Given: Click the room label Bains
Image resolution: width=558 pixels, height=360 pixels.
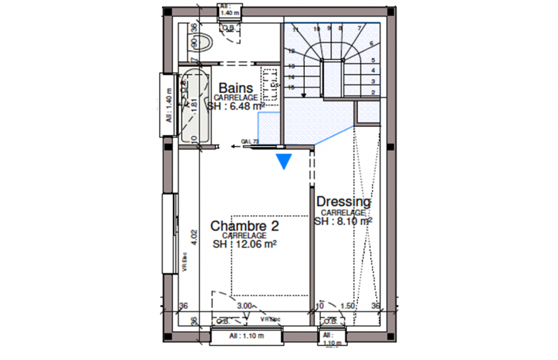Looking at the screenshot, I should [x=235, y=88].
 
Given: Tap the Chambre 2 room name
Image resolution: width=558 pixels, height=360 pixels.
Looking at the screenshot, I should [x=244, y=225].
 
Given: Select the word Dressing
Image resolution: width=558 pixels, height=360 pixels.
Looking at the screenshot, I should [x=343, y=202].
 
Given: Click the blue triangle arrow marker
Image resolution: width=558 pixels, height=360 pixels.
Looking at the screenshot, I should [x=285, y=162].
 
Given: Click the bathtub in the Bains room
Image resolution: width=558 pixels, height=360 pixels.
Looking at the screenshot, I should [x=195, y=105].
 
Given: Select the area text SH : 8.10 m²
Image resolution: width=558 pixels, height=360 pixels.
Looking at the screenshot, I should [x=343, y=222].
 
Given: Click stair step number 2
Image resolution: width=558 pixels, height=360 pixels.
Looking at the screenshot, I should [x=374, y=93].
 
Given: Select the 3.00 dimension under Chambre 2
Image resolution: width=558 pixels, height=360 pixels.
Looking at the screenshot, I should [x=245, y=306].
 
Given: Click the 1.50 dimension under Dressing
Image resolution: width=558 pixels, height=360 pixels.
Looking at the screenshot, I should [x=348, y=306].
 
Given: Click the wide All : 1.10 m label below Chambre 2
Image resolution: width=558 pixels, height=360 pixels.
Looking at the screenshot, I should [x=246, y=335].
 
